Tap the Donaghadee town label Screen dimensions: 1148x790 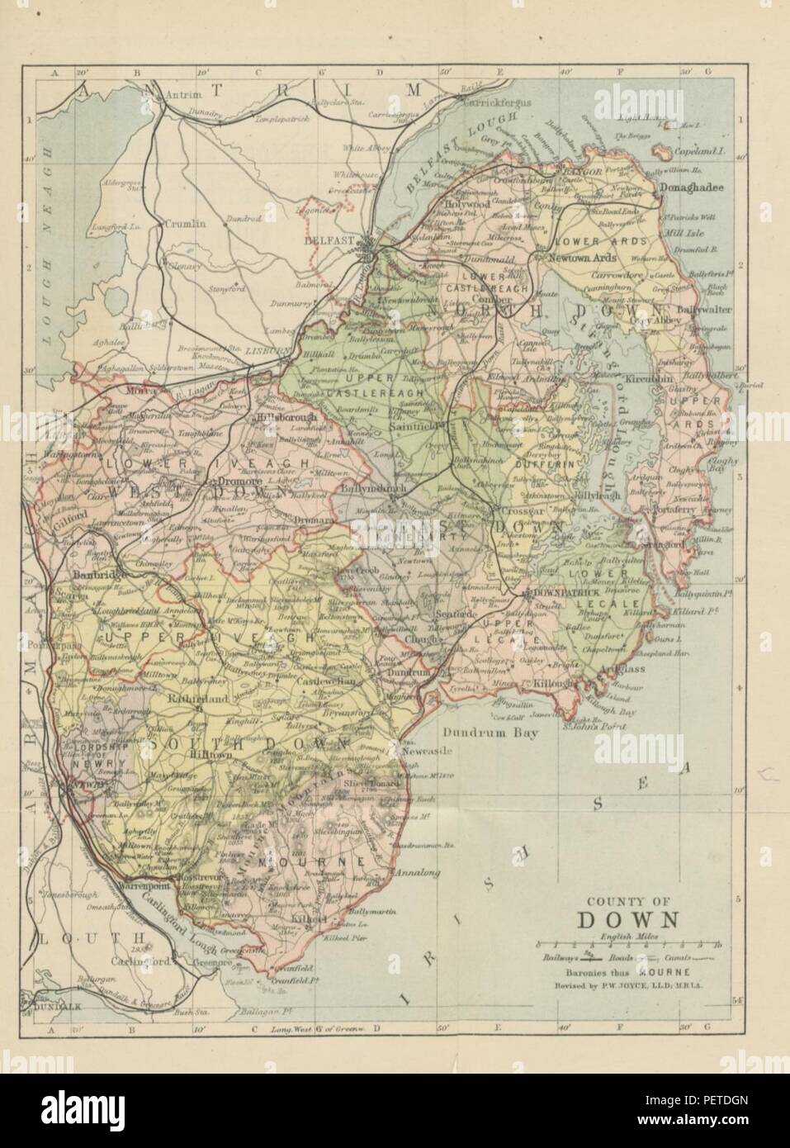click(690, 187)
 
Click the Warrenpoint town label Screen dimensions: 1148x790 click(148, 892)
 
